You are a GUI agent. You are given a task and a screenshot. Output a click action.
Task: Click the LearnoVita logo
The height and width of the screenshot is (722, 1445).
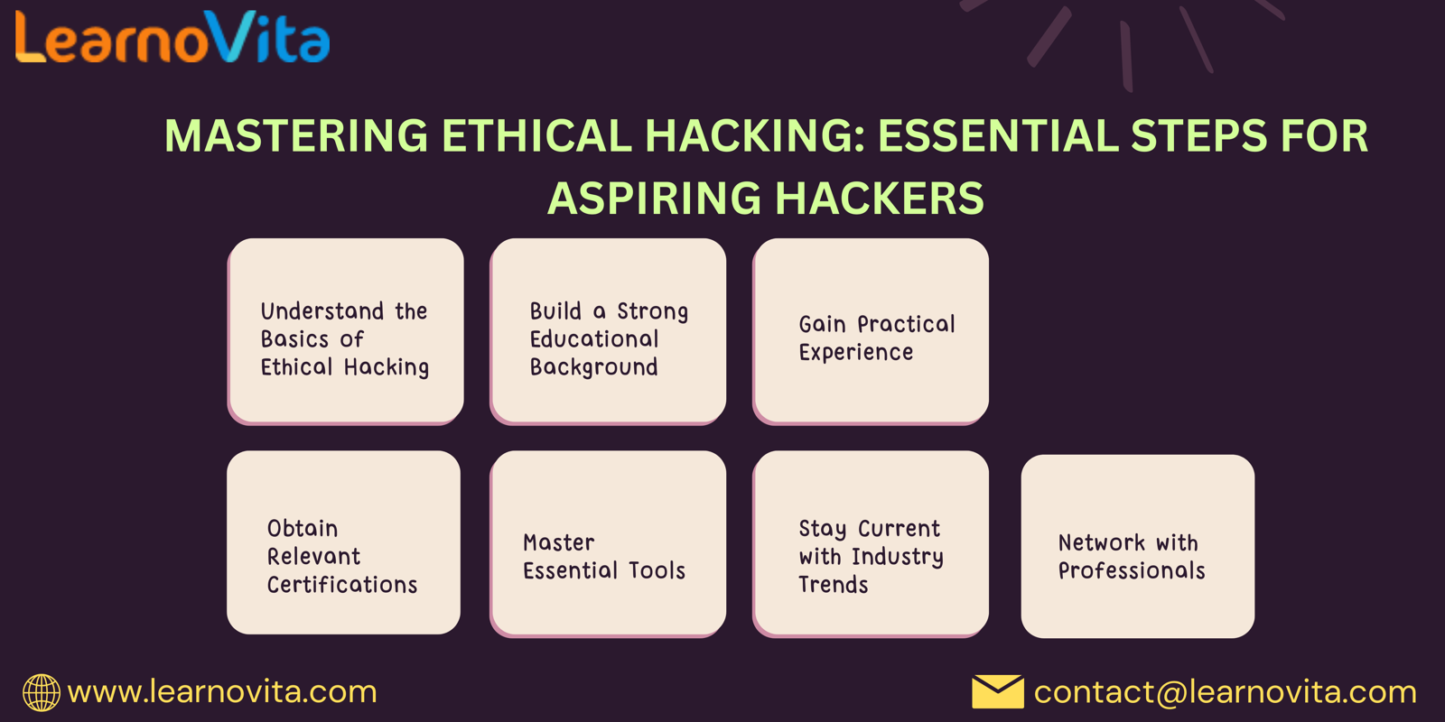[x=172, y=37]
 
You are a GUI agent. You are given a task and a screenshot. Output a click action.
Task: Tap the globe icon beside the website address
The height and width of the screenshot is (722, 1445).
[x=42, y=692]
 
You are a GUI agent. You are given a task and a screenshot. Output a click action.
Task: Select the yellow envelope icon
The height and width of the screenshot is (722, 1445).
[x=997, y=691]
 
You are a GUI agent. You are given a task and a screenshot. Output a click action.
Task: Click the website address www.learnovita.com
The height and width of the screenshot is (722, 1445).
[x=222, y=692]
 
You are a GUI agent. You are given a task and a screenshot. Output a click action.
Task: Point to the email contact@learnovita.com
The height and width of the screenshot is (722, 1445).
[x=1225, y=692]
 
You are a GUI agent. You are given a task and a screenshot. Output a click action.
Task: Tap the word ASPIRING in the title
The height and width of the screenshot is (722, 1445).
[x=654, y=198]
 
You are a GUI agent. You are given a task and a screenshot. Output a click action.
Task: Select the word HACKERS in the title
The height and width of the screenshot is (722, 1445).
[x=880, y=198]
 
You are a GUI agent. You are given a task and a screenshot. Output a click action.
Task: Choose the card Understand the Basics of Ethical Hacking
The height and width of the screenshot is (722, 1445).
[x=346, y=331]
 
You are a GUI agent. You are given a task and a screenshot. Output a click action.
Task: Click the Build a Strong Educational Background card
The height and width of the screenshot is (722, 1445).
[x=609, y=331]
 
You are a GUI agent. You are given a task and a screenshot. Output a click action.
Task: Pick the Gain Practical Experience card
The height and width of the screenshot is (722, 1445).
[x=871, y=331]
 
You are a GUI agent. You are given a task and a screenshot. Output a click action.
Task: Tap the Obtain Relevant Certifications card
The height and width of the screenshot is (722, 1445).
[x=344, y=542]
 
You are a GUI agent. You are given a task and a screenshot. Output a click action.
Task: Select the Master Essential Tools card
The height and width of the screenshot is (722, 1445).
[x=609, y=544]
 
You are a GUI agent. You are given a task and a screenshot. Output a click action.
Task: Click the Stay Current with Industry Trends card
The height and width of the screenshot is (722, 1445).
[x=871, y=544]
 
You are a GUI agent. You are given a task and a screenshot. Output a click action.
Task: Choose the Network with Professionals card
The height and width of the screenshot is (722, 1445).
[x=1138, y=547]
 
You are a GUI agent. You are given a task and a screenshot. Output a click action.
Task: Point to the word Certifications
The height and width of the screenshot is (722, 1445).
[x=342, y=585]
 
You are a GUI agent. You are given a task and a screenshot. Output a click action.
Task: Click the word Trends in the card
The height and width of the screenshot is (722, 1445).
[x=834, y=585]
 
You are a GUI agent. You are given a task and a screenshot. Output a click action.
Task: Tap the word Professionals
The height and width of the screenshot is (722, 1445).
[x=1133, y=570]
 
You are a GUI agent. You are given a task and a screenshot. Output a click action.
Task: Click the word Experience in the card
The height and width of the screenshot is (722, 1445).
[x=856, y=353]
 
